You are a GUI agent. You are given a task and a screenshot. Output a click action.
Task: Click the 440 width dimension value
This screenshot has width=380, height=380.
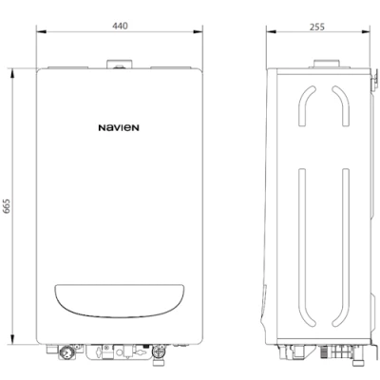click(120, 26)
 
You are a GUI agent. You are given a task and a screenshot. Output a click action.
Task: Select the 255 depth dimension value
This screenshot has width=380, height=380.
click(317, 27)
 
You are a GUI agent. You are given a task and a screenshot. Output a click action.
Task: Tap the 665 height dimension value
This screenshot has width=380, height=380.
click(7, 206)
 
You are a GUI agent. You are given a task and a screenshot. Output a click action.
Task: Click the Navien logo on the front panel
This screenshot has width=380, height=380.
click(119, 128)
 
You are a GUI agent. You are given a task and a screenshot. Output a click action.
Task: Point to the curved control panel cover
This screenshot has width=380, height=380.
click(119, 301)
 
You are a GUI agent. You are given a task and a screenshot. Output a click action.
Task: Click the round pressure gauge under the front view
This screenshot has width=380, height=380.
click(66, 352)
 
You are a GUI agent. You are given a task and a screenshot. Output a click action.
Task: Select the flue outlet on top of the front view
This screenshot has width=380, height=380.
click(120, 65)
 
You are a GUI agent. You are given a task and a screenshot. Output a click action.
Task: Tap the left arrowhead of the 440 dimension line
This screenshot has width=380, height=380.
click(41, 31)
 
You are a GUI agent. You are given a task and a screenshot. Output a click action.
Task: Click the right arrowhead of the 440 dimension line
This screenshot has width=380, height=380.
click(198, 31)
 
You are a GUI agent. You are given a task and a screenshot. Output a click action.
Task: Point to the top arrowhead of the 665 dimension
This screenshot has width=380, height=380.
click(12, 74)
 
